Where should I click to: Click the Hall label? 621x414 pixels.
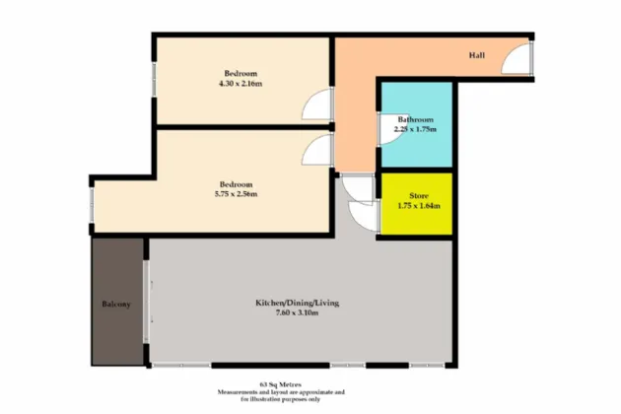476,56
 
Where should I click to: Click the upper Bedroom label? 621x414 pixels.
241,74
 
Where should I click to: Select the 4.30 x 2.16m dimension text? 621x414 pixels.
241,84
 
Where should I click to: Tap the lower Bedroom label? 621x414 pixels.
237,184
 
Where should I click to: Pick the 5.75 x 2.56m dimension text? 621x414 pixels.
237,194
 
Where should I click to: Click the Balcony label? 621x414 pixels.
116,304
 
